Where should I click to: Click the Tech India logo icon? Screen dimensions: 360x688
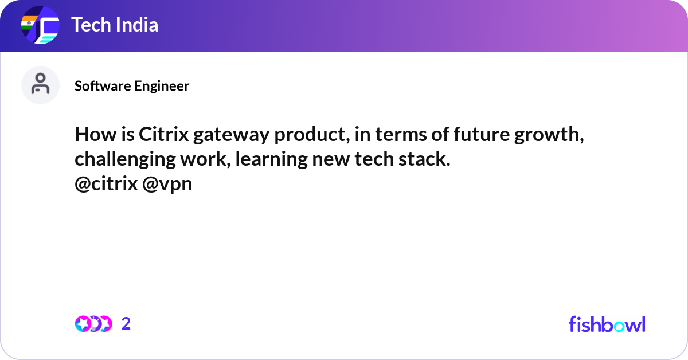click(x=40, y=26)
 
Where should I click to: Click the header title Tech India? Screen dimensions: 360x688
click(x=115, y=25)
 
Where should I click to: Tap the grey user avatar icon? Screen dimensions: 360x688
click(x=40, y=85)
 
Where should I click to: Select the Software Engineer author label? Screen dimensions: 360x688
click(x=132, y=86)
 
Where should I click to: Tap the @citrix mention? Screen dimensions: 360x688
click(x=106, y=184)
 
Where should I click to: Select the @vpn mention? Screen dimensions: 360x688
click(x=167, y=184)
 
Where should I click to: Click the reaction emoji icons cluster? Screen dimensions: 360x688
click(x=93, y=324)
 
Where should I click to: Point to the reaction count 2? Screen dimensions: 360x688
click(x=126, y=324)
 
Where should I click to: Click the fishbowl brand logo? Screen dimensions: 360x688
click(x=607, y=324)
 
